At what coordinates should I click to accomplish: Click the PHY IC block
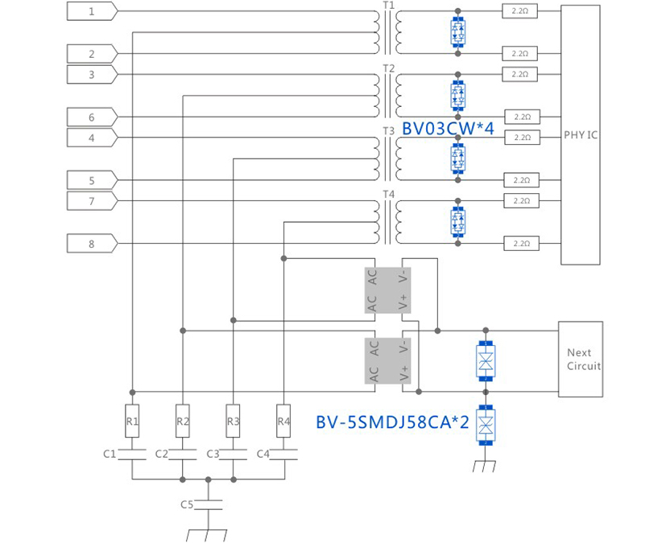click(x=581, y=135)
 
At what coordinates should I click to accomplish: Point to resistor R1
click(x=133, y=421)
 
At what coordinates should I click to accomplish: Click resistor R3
click(x=233, y=421)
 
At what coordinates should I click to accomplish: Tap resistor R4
click(x=283, y=421)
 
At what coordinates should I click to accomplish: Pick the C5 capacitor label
click(x=187, y=504)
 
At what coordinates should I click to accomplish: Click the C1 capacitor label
click(x=110, y=454)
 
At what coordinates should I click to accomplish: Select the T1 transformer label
click(x=389, y=6)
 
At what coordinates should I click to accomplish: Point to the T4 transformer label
click(x=389, y=194)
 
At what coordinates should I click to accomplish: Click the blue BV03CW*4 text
click(x=448, y=127)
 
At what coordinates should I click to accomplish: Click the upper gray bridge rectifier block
click(x=388, y=290)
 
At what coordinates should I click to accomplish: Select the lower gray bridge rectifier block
click(x=388, y=360)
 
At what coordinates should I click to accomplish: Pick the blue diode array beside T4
click(x=457, y=220)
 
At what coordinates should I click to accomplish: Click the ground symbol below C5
click(x=209, y=534)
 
